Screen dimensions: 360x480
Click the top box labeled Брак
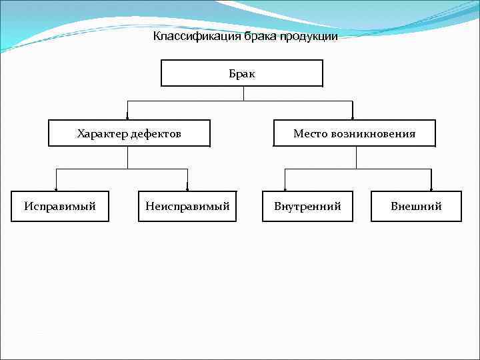coord(242,73)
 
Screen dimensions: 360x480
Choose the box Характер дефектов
coord(129,133)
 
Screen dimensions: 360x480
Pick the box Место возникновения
coord(354,133)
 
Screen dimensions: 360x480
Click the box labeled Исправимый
coord(60,206)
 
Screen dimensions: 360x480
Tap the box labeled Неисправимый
coord(187,206)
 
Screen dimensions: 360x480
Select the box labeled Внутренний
coord(307,206)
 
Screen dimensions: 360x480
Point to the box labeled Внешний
coord(416,206)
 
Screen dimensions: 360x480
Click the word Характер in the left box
coord(103,134)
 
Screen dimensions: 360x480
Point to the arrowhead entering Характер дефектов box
coord(127,117)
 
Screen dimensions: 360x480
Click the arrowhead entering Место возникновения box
coord(353,117)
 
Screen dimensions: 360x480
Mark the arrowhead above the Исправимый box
coord(56,189)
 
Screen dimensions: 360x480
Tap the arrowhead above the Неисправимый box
coord(187,189)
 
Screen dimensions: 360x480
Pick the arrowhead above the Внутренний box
coord(285,189)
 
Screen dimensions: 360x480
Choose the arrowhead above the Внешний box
coord(431,189)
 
